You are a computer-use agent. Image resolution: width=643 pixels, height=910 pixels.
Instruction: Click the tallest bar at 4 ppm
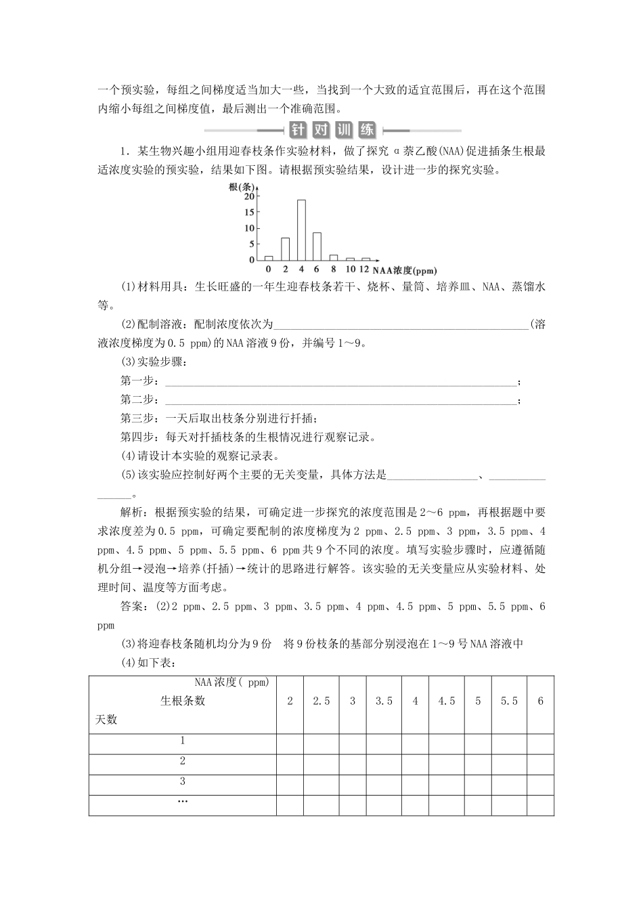[301, 230]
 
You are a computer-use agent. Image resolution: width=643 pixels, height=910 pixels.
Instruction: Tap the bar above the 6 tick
[317, 246]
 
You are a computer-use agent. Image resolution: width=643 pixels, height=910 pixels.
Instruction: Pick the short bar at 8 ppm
[333, 257]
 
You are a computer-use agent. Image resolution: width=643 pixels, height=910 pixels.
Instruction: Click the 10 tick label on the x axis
[350, 269]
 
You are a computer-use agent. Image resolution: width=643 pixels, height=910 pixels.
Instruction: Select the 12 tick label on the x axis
[365, 269]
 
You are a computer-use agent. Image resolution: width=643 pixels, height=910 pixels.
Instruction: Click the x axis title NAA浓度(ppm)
[405, 269]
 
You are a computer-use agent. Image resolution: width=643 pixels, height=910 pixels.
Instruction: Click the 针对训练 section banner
[332, 130]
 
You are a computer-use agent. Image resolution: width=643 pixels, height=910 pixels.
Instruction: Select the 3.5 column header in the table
[384, 701]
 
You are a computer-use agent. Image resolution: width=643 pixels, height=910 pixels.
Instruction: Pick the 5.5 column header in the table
[509, 701]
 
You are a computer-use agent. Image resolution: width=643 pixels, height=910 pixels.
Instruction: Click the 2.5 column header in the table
[321, 701]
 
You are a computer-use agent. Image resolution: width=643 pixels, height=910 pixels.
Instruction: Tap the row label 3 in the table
[183, 781]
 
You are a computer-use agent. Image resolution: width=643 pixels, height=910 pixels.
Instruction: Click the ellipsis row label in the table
[183, 802]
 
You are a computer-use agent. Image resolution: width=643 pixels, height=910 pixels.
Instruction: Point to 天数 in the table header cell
[106, 720]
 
